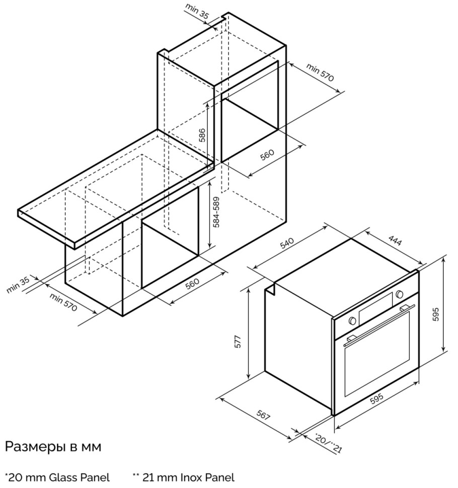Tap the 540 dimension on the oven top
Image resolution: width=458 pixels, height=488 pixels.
[x=287, y=244]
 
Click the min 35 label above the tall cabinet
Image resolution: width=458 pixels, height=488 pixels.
[x=197, y=11]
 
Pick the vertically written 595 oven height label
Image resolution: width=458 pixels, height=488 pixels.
[x=436, y=314]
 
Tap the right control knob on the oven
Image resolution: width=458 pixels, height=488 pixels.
[x=399, y=294]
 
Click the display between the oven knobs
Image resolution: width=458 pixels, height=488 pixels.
[x=375, y=308]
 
